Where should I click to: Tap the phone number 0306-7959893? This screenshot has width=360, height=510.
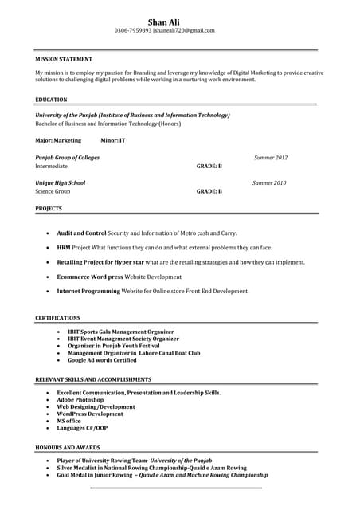point(133,30)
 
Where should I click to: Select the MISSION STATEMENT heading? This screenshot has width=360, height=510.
point(64,59)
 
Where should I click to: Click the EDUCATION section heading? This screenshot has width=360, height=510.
point(51,100)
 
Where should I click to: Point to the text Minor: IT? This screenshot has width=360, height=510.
point(112,140)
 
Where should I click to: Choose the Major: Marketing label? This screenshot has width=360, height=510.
point(58,140)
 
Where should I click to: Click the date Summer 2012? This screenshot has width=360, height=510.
point(271,158)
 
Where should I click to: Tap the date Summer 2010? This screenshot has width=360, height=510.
point(269,183)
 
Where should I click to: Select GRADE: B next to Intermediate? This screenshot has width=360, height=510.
point(209,167)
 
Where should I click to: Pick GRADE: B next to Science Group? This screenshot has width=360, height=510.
point(209,192)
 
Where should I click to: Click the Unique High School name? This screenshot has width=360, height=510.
point(60,183)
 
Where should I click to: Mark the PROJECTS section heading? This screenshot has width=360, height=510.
point(49,208)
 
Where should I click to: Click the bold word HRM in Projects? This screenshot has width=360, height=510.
point(64,247)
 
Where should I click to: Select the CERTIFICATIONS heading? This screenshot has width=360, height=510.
point(57,318)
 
